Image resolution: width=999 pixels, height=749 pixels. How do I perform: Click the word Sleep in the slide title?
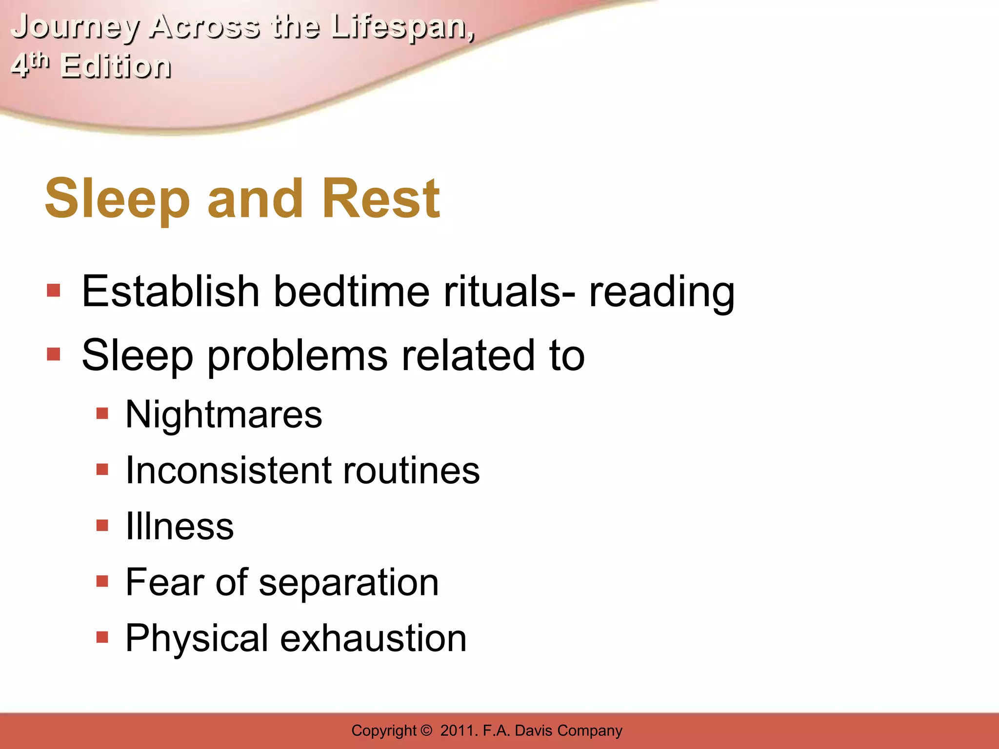pyautogui.click(x=117, y=199)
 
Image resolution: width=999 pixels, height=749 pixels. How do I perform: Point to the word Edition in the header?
pyautogui.click(x=116, y=66)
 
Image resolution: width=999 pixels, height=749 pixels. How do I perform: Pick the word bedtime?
pyautogui.click(x=351, y=292)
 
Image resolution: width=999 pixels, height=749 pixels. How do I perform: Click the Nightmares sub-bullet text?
pyautogui.click(x=224, y=414)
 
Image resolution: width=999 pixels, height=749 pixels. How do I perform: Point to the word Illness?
pyautogui.click(x=180, y=526)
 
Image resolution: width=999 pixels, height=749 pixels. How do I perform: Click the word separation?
pyautogui.click(x=349, y=583)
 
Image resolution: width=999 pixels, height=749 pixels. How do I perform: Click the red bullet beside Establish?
pyautogui.click(x=54, y=291)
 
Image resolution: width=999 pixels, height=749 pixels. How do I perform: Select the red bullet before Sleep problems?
pyautogui.click(x=54, y=355)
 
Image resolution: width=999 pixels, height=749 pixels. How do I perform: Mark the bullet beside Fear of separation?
pyautogui.click(x=102, y=581)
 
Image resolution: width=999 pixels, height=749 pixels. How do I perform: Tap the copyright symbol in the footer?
pyautogui.click(x=426, y=730)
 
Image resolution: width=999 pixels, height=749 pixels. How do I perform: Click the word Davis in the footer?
pyautogui.click(x=534, y=730)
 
